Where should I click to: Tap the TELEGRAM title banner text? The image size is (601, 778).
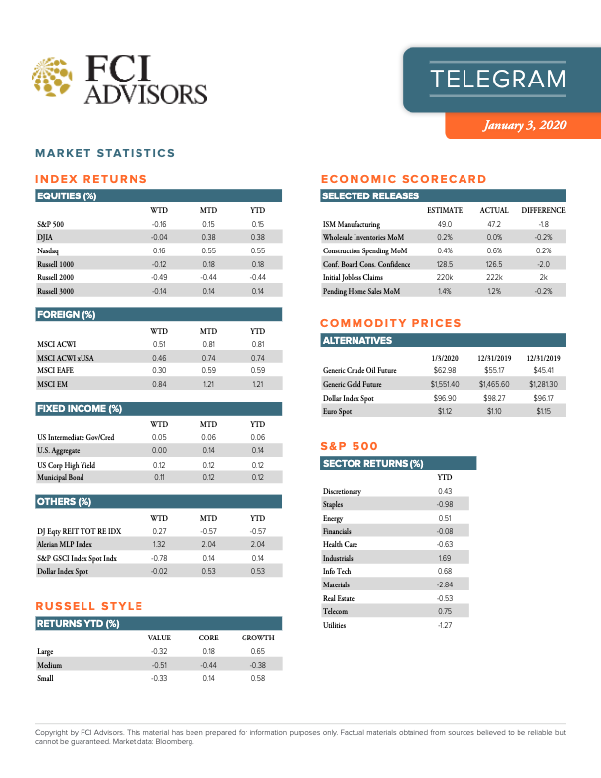(x=499, y=79)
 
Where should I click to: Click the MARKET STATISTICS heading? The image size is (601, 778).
(x=105, y=153)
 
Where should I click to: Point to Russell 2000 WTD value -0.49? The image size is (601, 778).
(x=158, y=278)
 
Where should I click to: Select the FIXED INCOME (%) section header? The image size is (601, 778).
(x=80, y=408)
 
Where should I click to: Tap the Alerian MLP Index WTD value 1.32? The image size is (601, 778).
(x=158, y=543)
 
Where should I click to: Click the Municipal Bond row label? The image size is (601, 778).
(x=61, y=476)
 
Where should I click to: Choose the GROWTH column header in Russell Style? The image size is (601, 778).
(x=257, y=638)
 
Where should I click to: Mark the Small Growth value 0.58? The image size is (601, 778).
(x=257, y=678)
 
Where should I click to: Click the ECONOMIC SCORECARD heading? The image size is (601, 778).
(x=404, y=179)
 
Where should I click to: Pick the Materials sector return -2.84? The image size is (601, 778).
(x=444, y=583)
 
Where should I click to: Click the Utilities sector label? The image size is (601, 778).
(x=337, y=624)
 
